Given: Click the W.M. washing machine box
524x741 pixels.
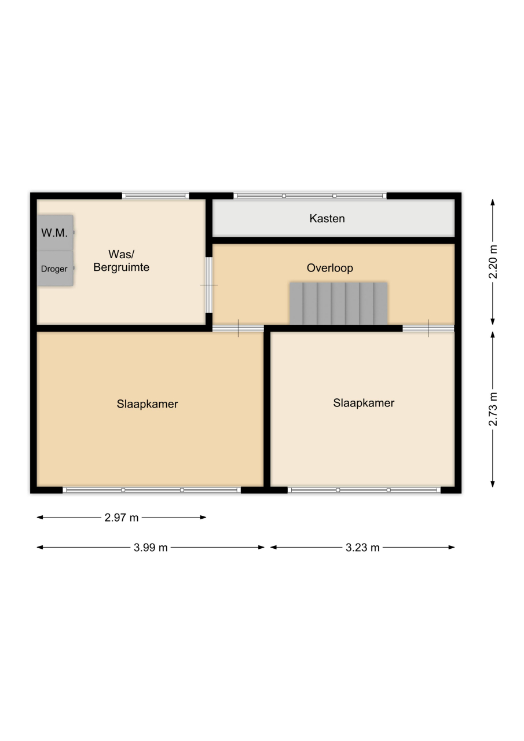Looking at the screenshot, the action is [55, 233].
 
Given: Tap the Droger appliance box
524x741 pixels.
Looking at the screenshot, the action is [55, 268].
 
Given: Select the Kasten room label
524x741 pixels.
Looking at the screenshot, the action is [327, 218].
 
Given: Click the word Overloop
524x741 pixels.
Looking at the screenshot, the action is [330, 267].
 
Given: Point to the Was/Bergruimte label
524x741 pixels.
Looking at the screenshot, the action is [122, 261].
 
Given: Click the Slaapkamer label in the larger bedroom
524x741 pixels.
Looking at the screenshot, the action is [147, 404].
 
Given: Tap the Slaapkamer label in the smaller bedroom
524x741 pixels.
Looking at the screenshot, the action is [364, 403].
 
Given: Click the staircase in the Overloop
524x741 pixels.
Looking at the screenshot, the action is [338, 303].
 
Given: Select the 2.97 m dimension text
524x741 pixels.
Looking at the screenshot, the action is [122, 518].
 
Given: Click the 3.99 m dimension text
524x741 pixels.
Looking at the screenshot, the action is [151, 548].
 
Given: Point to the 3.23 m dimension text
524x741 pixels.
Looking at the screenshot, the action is [362, 548].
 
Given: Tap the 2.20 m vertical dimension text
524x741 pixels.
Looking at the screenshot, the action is [493, 262].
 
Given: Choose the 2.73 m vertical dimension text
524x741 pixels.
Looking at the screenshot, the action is [493, 409].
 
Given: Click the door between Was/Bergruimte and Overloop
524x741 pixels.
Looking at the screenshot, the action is [209, 285].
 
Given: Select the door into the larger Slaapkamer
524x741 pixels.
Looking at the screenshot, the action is [238, 328].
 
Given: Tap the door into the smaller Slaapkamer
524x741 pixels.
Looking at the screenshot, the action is [428, 328].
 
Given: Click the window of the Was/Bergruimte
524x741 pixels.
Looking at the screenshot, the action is [156, 196].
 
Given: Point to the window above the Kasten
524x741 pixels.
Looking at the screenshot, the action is [310, 196].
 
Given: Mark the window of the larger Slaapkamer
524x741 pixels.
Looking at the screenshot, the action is [152, 490].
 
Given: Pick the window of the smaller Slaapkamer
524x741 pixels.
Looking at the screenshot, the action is [364, 490].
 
